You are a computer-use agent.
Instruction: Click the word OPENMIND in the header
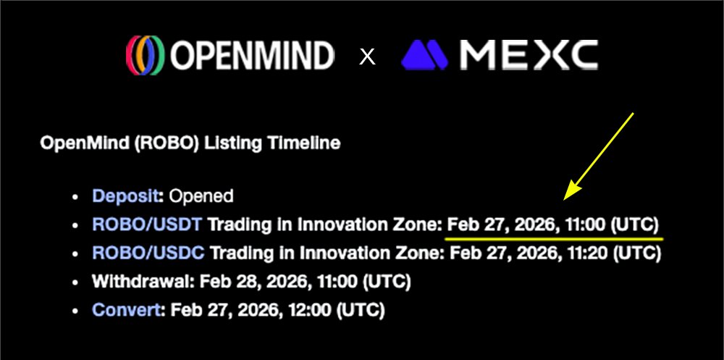click(x=251, y=56)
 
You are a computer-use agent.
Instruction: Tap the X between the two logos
click(x=368, y=56)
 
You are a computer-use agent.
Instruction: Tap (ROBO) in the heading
click(x=174, y=143)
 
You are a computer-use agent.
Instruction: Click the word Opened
click(x=201, y=196)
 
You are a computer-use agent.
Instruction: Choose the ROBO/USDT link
click(x=147, y=225)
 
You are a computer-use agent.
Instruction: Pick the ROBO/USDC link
click(x=148, y=254)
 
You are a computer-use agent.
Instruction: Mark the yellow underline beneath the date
click(x=554, y=237)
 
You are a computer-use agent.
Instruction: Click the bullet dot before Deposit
click(x=75, y=196)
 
